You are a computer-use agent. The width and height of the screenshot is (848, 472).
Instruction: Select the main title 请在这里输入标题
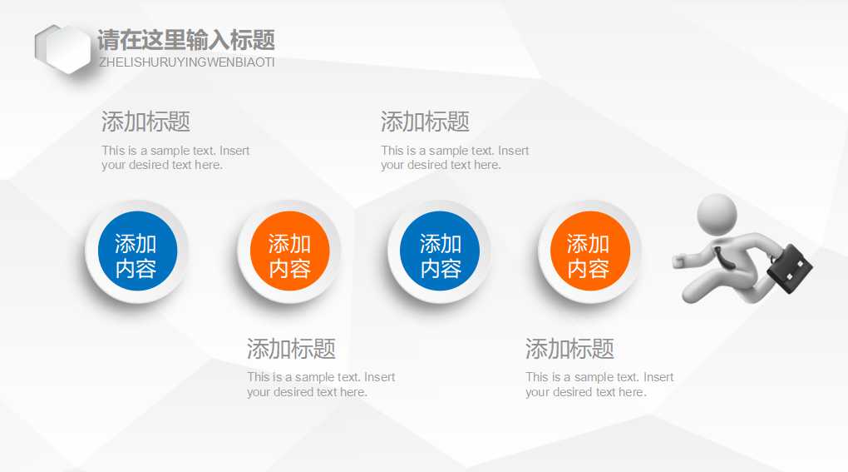pos(186,40)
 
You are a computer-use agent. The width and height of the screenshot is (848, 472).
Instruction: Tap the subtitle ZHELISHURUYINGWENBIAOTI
pos(186,62)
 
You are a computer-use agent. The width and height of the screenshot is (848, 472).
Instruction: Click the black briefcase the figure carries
pos(789,268)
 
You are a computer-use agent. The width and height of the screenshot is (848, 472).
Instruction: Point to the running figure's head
pos(716,214)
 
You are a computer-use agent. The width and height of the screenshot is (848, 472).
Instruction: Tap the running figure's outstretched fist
pos(678,261)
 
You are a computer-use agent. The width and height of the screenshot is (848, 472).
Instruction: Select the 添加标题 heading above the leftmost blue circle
pos(145,122)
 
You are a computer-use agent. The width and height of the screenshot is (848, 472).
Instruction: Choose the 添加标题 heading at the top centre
pos(425,122)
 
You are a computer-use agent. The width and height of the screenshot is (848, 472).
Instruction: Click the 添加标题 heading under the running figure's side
pos(569,348)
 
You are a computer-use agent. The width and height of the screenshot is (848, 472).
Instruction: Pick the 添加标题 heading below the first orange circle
pos(291,348)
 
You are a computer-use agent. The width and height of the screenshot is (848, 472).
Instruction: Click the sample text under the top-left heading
pos(175,157)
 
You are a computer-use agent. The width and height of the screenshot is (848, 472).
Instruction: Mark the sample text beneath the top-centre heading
pos(455,157)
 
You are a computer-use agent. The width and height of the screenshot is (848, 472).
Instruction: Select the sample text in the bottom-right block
pos(599,384)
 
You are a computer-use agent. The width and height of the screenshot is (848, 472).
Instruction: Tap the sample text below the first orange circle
pos(321,384)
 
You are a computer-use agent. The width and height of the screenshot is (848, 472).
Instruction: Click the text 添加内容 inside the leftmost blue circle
pos(136,256)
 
